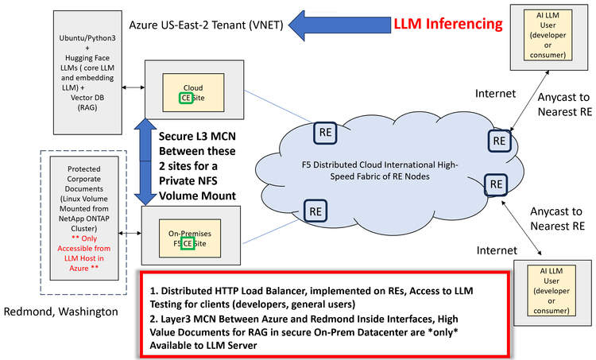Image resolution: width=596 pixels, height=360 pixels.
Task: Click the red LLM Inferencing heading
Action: pos(448,23)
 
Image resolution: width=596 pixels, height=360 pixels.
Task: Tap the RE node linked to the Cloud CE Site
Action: pos(324,132)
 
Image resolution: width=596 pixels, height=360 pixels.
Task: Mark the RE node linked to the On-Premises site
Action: pos(316,211)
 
